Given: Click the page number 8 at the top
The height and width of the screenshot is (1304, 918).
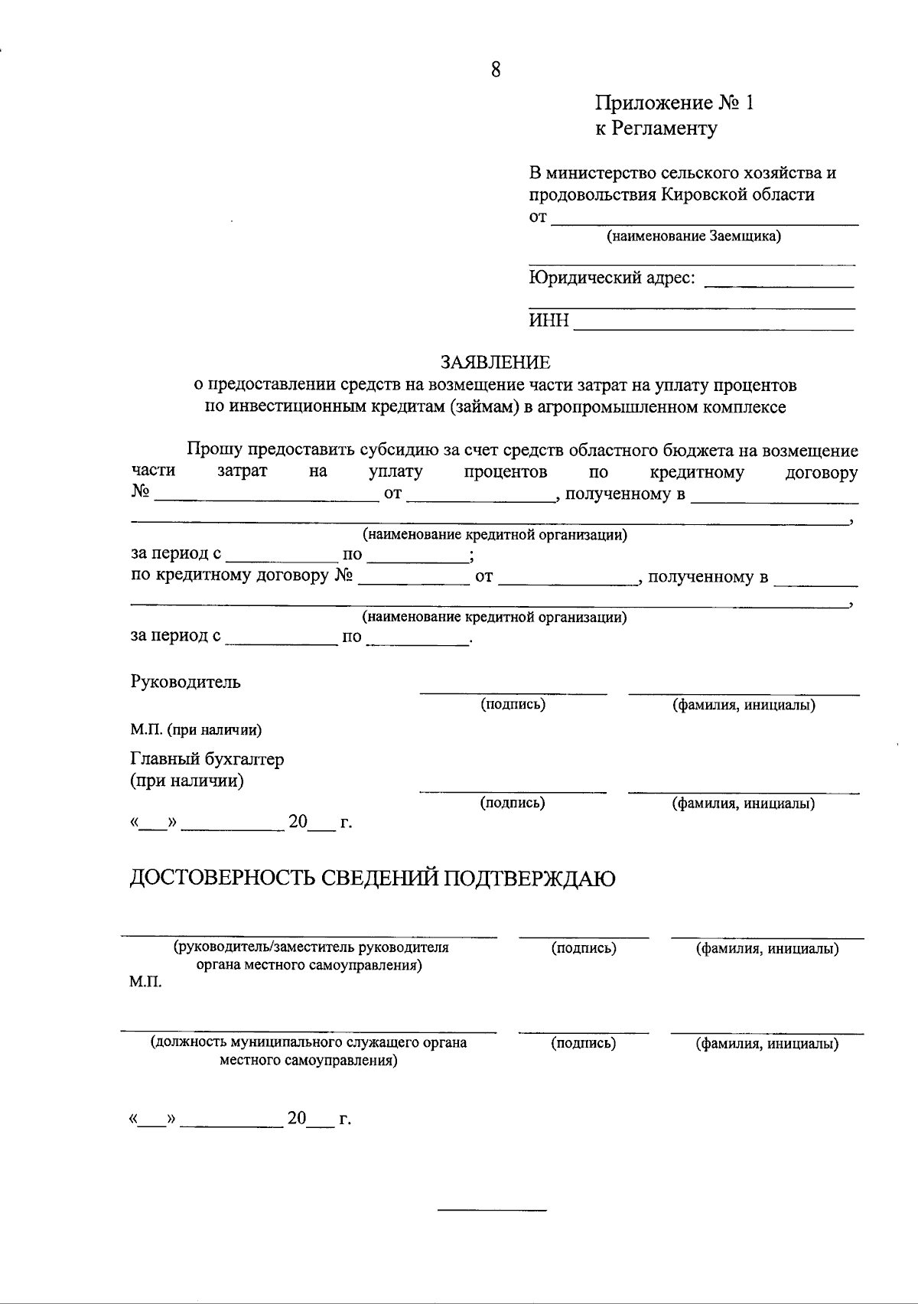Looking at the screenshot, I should [x=496, y=70].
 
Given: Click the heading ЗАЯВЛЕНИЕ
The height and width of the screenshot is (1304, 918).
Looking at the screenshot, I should [x=495, y=362].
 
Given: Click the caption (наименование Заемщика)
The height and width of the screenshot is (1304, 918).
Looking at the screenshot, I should [x=694, y=236].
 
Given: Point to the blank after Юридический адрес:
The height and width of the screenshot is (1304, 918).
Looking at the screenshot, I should [x=778, y=284].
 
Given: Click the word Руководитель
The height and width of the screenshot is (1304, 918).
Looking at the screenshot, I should [x=186, y=682].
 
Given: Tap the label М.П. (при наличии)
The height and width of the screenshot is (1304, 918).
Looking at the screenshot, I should [x=196, y=730].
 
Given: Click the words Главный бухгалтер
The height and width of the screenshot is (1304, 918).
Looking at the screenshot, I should [x=207, y=759].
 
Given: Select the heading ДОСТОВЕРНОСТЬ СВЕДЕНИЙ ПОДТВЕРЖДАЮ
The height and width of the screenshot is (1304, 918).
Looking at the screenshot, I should [x=373, y=879].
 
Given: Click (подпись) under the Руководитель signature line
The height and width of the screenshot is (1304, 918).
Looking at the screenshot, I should [x=513, y=704].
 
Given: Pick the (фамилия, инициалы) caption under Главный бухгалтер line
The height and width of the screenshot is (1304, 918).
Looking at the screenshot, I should [x=744, y=804].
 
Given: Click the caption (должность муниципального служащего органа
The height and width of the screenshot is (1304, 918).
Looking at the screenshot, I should [x=308, y=1042].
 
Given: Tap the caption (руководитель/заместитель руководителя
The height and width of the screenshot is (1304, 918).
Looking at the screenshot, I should [x=311, y=947].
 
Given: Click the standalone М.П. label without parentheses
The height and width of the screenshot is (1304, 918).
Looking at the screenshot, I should [x=145, y=983].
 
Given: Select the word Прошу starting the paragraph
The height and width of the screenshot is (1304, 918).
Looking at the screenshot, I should [x=213, y=451].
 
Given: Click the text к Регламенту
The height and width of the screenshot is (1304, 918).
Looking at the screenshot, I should [x=656, y=129].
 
